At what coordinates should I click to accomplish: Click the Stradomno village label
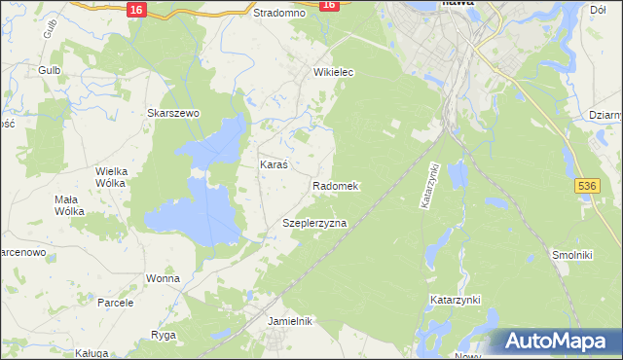[x=279, y=14]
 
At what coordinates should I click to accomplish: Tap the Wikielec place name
[x=333, y=73]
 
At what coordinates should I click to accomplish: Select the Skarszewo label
[x=173, y=113]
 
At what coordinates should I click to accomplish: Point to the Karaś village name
[x=273, y=164]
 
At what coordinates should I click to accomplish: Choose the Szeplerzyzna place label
[x=314, y=223]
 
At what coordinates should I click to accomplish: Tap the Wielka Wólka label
[x=113, y=177]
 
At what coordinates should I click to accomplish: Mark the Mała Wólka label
[x=69, y=205]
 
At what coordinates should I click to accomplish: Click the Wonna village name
[x=163, y=278]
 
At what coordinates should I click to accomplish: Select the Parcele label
[x=115, y=303]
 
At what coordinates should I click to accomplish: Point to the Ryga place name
[x=163, y=335]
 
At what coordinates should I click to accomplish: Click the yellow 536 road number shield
[x=586, y=185]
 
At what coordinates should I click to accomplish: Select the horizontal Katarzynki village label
[x=456, y=301]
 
